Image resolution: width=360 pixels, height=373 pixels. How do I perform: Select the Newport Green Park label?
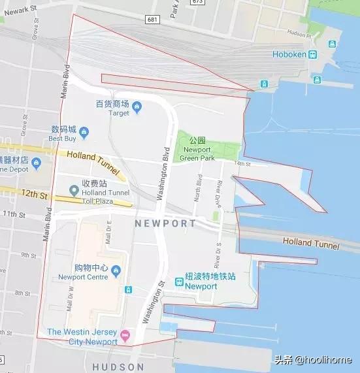197,154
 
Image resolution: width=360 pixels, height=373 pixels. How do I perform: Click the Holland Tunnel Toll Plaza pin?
74,191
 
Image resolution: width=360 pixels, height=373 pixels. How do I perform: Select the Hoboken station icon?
313,55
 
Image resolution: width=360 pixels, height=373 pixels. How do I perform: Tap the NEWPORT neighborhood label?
165,223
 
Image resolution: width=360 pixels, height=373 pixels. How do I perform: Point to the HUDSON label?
118,367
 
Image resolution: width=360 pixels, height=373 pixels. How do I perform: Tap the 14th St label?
242,163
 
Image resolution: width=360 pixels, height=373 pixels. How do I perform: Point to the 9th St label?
29,255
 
